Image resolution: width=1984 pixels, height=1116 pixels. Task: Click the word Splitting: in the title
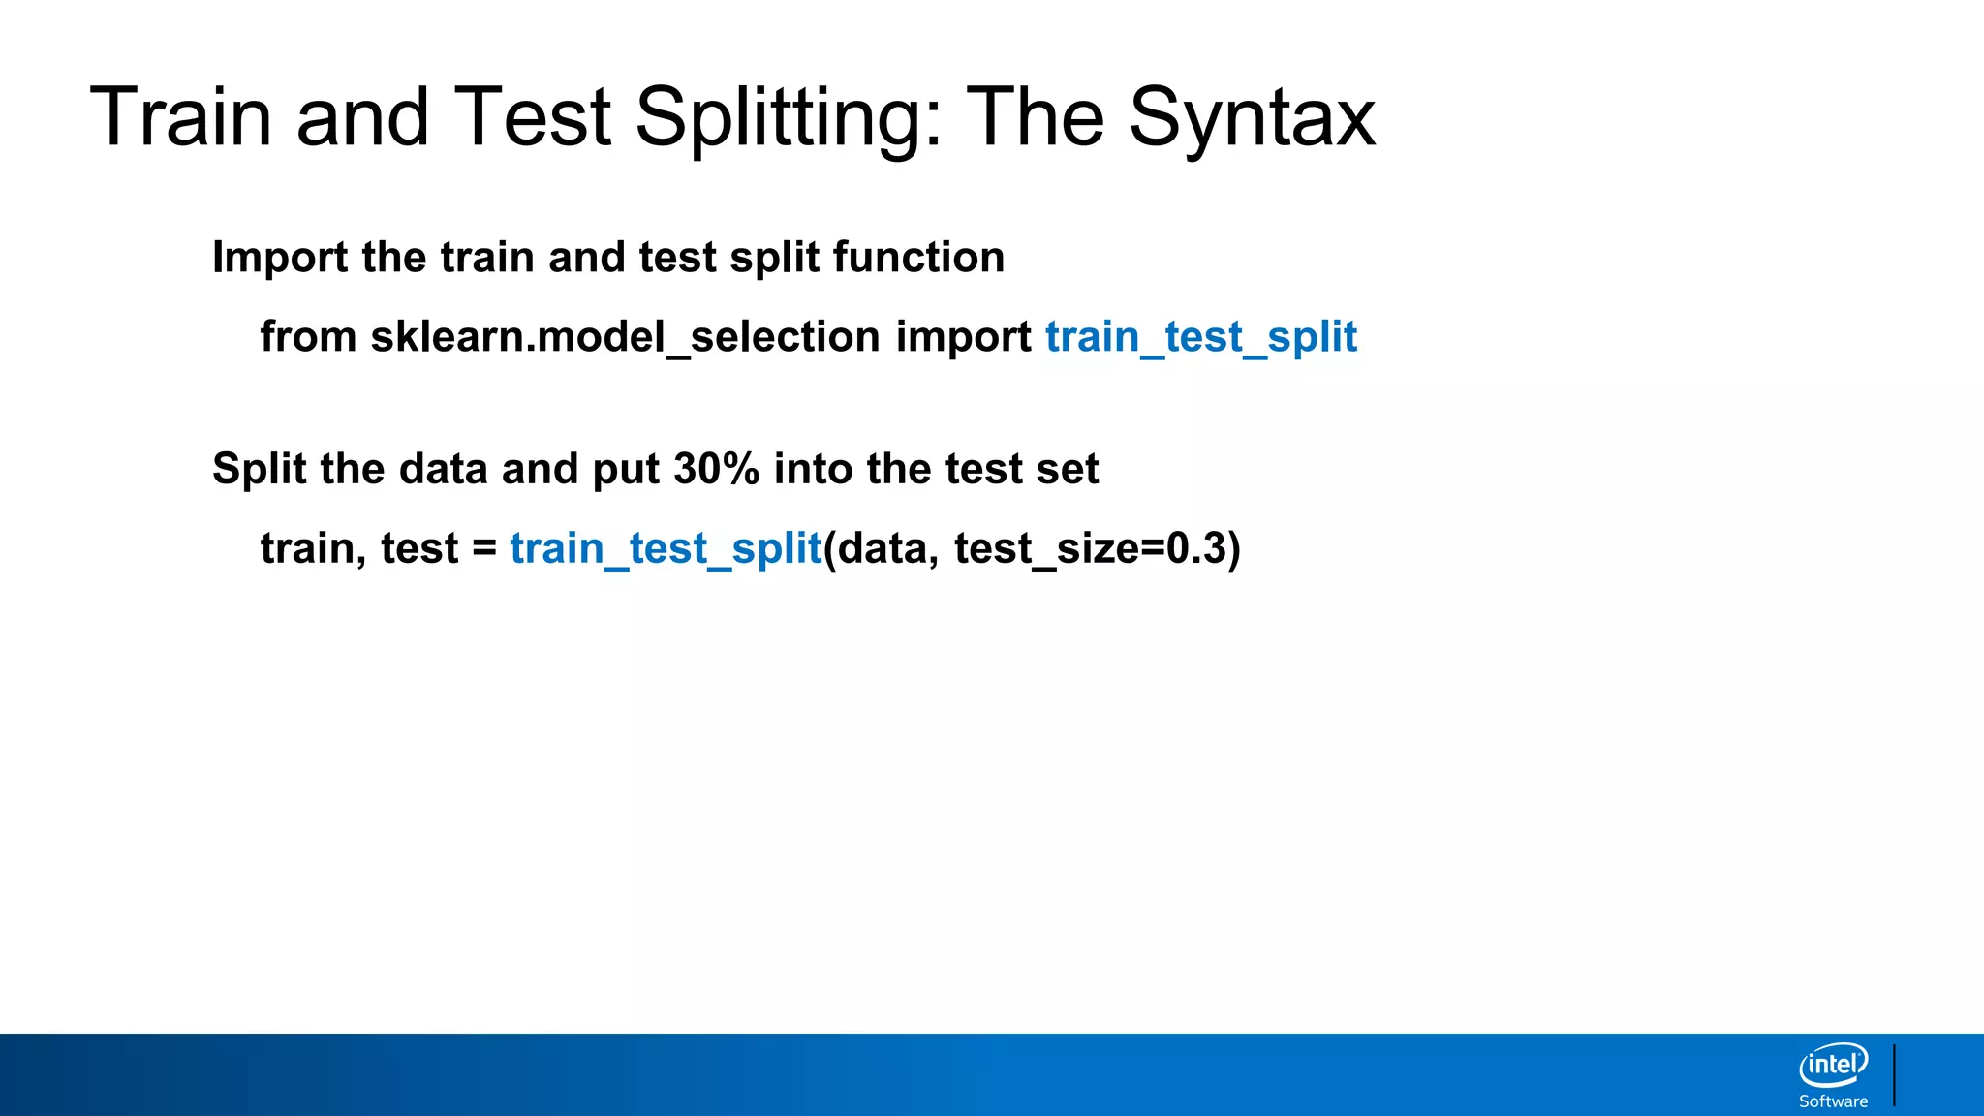tap(789, 118)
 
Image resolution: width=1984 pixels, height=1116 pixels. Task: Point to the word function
tap(917, 258)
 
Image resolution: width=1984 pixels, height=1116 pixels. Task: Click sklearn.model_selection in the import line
tap(625, 337)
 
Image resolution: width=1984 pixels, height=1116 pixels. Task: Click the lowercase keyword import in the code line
tap(963, 337)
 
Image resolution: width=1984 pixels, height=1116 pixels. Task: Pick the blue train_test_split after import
tap(1201, 337)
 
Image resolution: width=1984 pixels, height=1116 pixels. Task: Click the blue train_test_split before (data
tap(666, 548)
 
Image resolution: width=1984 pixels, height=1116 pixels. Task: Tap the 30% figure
tap(716, 469)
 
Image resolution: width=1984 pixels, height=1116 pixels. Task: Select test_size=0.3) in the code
tap(1097, 548)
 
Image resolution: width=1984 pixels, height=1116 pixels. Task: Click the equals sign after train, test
tap(484, 548)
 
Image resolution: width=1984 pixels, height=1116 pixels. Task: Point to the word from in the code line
tap(308, 337)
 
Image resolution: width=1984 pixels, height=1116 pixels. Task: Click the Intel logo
tap(1833, 1065)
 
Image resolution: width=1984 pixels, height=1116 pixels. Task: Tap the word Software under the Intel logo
tap(1833, 1101)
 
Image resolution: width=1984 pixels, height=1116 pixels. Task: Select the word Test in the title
tap(532, 118)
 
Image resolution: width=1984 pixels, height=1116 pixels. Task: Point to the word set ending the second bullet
tap(1068, 469)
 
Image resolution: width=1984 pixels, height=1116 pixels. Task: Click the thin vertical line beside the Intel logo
tap(1894, 1074)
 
